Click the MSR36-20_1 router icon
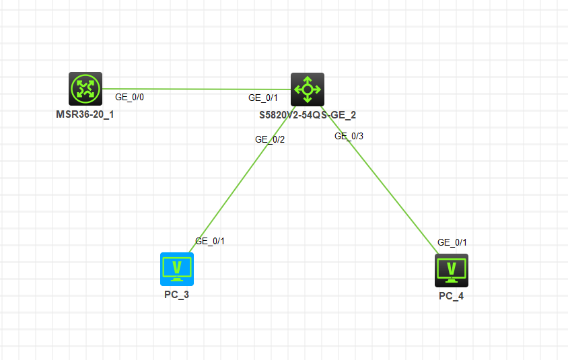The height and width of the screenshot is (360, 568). click(85, 89)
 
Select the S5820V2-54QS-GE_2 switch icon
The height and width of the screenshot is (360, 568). click(308, 89)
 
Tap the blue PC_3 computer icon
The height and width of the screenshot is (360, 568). click(177, 269)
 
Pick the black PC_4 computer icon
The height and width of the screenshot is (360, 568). click(452, 271)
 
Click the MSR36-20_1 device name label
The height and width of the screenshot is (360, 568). click(85, 114)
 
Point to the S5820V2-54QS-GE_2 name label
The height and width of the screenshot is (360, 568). click(308, 115)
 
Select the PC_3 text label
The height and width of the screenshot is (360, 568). click(177, 295)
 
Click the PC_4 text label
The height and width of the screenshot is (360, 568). click(452, 296)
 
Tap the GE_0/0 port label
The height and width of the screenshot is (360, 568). click(129, 98)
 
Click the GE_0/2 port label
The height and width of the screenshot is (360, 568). click(270, 140)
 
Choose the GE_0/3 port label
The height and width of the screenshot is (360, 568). click(349, 136)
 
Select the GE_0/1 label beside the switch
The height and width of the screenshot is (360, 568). click(263, 98)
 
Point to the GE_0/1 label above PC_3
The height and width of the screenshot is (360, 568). click(210, 241)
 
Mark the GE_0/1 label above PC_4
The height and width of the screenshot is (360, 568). click(452, 243)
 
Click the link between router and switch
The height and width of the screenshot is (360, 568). click(197, 89)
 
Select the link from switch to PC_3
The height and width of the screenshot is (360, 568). click(242, 179)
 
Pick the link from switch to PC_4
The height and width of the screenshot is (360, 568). click(380, 180)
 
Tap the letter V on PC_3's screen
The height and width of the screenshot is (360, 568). click(177, 267)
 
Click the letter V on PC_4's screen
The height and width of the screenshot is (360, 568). click(452, 268)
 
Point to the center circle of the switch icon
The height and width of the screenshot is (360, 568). click(308, 89)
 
